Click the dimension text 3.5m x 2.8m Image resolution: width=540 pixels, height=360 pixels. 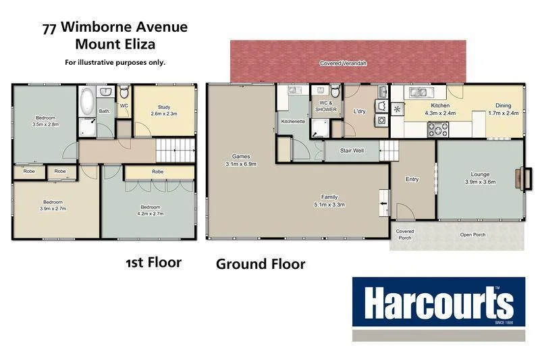[x=45, y=124]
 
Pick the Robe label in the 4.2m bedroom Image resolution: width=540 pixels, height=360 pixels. [x=157, y=172]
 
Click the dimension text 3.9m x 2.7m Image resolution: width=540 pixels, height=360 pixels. [x=54, y=209]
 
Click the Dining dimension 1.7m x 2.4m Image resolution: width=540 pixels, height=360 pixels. [x=503, y=113]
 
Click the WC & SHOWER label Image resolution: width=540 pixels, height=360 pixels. [x=327, y=105]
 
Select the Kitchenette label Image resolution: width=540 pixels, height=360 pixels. [x=293, y=122]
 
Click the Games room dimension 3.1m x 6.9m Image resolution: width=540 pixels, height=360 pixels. [x=241, y=164]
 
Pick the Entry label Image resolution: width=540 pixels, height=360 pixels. [x=412, y=179]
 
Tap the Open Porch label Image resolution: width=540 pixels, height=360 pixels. [x=473, y=235]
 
